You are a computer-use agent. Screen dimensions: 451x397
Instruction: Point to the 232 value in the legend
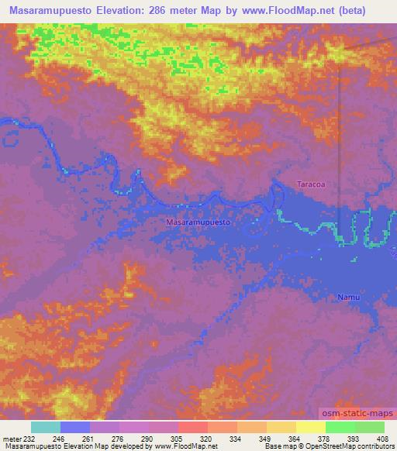click(x=29, y=439)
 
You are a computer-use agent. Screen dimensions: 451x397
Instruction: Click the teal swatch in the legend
click(x=46, y=427)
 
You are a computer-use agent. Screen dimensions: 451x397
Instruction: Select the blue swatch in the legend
click(x=75, y=427)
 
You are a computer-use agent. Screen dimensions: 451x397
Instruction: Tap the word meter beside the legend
click(x=11, y=439)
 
